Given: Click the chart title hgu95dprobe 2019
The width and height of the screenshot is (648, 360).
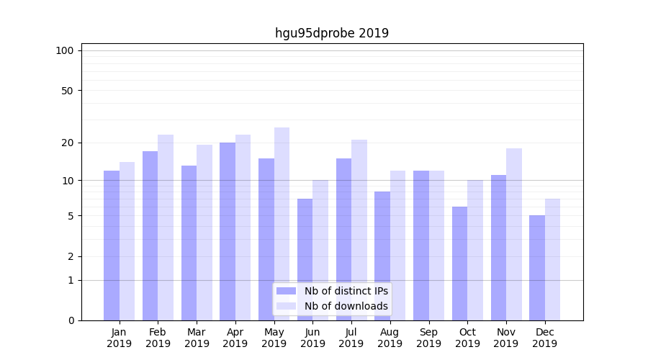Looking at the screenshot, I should [x=332, y=33].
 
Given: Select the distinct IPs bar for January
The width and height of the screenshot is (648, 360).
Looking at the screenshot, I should [x=112, y=246].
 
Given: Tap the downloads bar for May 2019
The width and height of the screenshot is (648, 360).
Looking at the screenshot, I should [x=282, y=224].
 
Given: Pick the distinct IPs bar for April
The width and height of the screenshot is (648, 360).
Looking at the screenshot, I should [x=228, y=231].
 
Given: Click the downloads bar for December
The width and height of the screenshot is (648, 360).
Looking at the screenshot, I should [x=552, y=259].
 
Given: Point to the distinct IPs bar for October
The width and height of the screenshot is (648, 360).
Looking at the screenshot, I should [x=460, y=264].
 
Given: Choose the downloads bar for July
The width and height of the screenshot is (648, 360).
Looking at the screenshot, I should [x=359, y=230].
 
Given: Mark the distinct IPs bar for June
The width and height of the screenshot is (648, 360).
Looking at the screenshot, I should [x=305, y=259].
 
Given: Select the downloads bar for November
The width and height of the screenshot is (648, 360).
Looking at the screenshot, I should [x=514, y=234].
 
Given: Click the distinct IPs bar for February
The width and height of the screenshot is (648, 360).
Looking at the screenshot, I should [x=150, y=235].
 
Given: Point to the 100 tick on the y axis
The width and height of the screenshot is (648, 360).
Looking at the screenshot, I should [x=65, y=50].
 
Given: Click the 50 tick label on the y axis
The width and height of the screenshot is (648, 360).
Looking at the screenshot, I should [x=67, y=91].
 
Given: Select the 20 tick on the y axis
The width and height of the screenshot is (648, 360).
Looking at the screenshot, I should [x=67, y=143].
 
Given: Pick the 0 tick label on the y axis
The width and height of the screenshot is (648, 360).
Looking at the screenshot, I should [x=71, y=320].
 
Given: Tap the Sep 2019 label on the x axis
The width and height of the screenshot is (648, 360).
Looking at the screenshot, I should [x=428, y=338].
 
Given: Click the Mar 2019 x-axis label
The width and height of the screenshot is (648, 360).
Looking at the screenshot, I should [x=197, y=338].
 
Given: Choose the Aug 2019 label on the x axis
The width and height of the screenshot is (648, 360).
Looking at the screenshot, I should [x=390, y=338].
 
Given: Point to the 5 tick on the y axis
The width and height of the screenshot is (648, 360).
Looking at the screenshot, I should [x=71, y=216].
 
